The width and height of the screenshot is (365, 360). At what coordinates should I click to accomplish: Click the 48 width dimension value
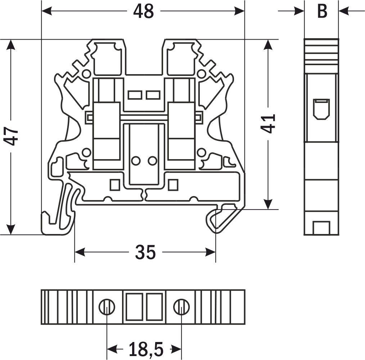coord(143,11)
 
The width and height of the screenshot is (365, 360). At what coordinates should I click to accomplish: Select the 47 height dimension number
coord(11,136)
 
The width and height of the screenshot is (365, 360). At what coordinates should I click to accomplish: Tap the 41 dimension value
coord(268,123)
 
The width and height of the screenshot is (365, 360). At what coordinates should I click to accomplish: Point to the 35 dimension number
coord(145,252)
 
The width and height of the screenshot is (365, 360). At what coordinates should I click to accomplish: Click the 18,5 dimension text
coord(146,349)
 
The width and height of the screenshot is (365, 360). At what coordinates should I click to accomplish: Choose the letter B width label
coord(322,11)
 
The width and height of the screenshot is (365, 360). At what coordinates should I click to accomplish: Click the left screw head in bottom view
coord(107,307)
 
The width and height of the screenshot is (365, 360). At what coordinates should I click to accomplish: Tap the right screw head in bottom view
coord(181,307)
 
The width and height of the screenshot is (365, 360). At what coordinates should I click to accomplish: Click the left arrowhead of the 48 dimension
coord(46,11)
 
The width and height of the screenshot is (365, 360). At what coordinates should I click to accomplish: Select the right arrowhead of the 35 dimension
coord(210,252)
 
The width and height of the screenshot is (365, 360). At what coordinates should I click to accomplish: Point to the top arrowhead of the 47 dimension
coord(11,45)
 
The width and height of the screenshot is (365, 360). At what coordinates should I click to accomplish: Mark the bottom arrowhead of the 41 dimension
coord(268,204)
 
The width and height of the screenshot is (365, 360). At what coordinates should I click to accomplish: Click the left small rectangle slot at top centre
coord(135,95)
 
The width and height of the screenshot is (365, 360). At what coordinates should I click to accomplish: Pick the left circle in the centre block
coord(135,161)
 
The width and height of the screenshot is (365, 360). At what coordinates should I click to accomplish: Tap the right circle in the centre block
coord(153,161)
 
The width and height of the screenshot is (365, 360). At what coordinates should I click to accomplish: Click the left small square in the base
coord(115,185)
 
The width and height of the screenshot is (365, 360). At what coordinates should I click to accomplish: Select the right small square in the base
coord(173,185)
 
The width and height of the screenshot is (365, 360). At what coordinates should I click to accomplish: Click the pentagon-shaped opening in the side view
coord(321,109)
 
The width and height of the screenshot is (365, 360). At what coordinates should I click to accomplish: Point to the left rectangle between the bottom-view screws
coord(134,307)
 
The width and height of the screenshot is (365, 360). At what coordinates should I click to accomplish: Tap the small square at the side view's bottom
coord(321,228)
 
